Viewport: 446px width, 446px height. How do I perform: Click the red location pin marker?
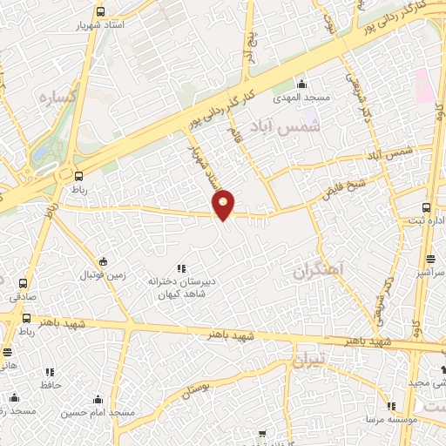coord(224,204)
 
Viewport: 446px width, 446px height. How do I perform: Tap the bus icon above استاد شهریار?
coord(101,12)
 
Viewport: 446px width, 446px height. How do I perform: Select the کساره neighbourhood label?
coord(60,98)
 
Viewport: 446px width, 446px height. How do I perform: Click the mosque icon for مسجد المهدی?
coord(301,84)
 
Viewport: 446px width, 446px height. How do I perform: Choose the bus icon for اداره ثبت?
coord(426,206)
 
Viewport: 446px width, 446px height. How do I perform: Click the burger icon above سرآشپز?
coord(430,259)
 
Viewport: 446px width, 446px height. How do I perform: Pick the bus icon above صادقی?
coord(23,283)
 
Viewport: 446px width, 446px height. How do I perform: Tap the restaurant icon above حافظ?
coord(49,372)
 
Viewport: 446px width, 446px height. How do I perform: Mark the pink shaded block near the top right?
coord(423,85)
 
